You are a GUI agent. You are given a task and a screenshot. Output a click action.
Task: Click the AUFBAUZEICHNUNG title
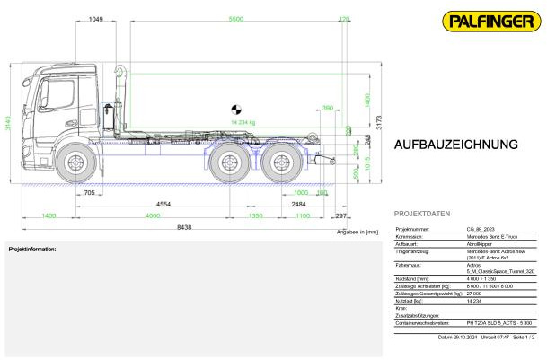455,145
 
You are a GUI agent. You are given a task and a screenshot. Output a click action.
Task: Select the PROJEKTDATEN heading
421,214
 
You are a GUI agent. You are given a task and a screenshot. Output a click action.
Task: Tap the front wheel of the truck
75,162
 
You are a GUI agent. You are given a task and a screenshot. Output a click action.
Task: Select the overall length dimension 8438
184,227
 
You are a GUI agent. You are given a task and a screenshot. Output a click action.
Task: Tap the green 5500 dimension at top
235,19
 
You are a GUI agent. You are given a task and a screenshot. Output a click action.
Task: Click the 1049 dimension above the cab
96,19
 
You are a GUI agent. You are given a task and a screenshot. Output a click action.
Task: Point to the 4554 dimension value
164,205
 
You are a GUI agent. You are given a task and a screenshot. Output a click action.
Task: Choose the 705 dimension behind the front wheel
89,192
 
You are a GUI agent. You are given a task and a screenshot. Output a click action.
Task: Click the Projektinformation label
32,249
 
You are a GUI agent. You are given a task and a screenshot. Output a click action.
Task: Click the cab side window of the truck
51,97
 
